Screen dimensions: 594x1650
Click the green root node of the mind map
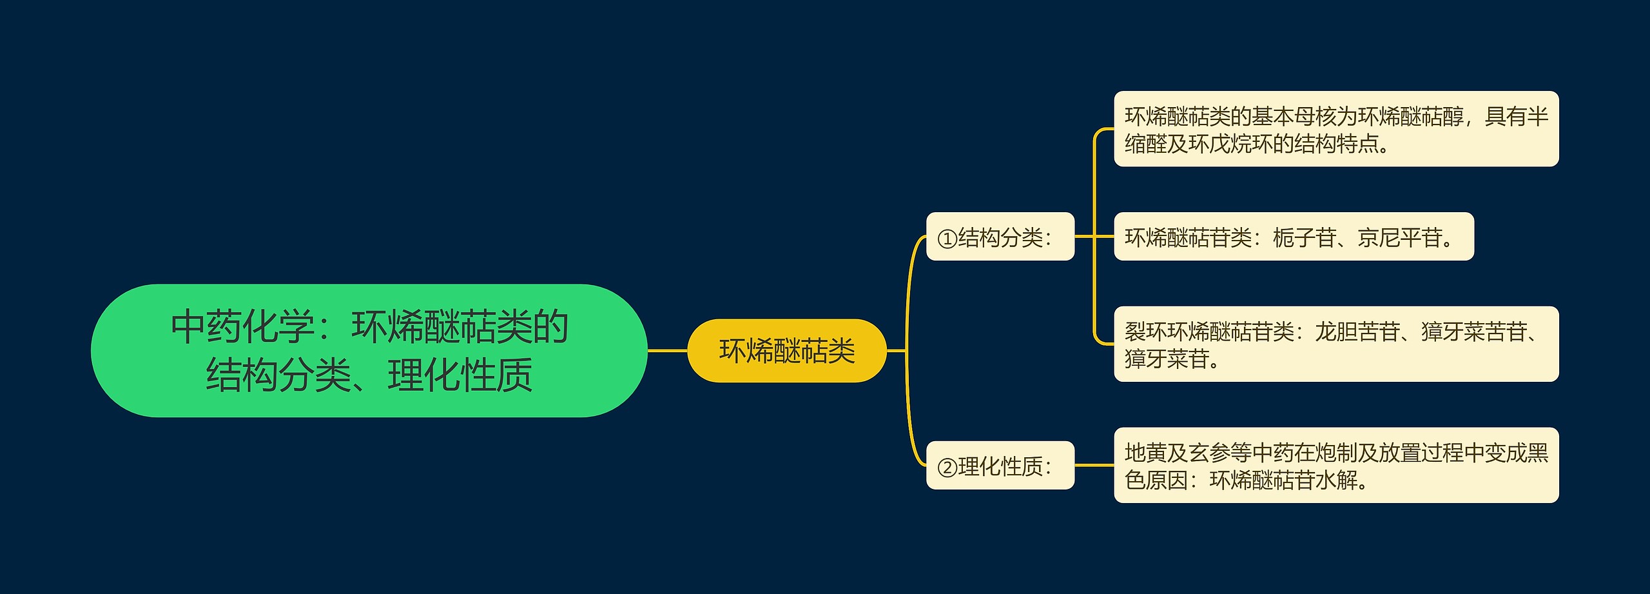[x=369, y=351]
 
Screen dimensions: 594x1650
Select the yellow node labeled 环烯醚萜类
[x=787, y=351]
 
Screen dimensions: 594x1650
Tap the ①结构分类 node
[x=1000, y=237]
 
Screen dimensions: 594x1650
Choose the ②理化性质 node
[x=1000, y=465]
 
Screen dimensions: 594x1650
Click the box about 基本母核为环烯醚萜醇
[x=1335, y=129]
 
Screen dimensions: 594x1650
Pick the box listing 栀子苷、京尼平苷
[x=1293, y=237]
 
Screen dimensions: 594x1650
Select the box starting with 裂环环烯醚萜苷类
[x=1335, y=344]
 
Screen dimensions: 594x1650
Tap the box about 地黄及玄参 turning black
[x=1335, y=465]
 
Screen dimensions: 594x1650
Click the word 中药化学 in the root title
[x=243, y=327]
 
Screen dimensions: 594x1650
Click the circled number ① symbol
[x=947, y=239]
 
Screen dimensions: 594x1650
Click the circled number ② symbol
[x=947, y=467]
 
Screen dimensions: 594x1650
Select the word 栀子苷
[x=1304, y=238]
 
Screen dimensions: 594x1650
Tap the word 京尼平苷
[x=1399, y=238]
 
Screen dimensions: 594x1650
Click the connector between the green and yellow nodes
[x=667, y=351]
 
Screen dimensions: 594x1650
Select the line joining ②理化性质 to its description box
[x=1094, y=465]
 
